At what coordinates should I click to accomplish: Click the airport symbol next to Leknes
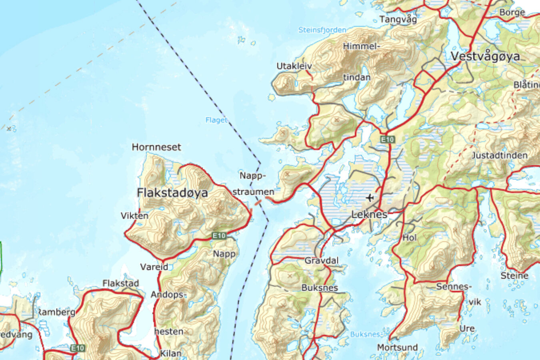[370, 198]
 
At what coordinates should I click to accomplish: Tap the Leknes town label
[369, 215]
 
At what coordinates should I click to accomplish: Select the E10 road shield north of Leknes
[387, 139]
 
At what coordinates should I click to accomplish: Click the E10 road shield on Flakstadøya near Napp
[219, 236]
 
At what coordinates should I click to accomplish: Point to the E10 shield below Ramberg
[78, 348]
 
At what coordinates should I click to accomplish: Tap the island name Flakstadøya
[172, 193]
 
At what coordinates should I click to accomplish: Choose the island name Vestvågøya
[486, 56]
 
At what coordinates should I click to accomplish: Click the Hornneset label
[156, 147]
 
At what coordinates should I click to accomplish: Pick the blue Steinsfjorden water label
[322, 30]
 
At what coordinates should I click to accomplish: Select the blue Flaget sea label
[216, 120]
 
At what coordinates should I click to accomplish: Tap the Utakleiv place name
[294, 66]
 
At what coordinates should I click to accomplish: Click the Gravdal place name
[322, 261]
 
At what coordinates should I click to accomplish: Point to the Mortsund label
[397, 347]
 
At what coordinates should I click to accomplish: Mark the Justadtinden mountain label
[500, 155]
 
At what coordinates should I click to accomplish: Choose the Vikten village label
[134, 216]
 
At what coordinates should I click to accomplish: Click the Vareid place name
[154, 267]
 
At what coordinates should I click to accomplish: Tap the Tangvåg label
[398, 19]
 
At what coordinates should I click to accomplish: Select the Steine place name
[514, 276]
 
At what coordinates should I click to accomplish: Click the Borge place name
[512, 12]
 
